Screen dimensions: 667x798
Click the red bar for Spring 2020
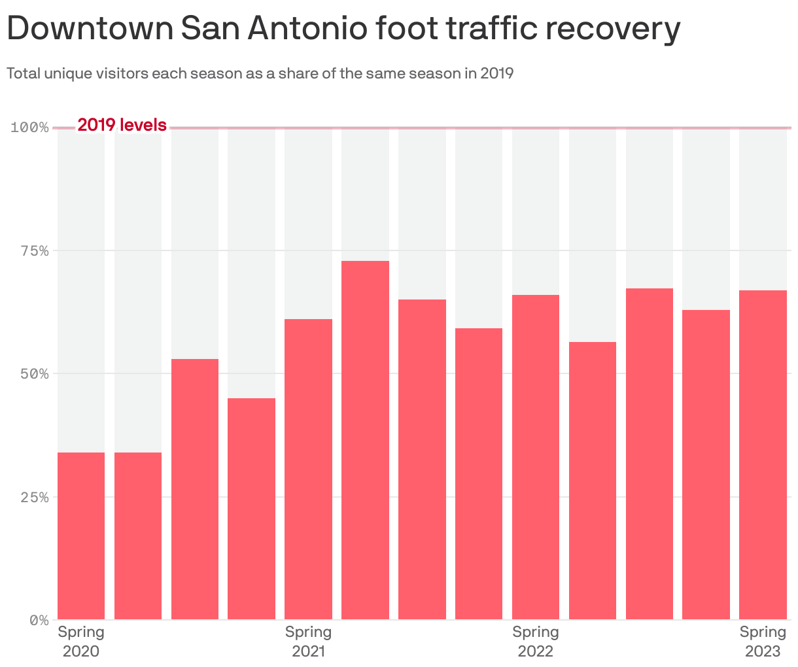(81, 536)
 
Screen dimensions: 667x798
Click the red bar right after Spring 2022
(592, 480)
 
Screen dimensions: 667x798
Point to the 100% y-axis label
(30, 127)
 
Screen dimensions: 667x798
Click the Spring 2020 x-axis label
(81, 641)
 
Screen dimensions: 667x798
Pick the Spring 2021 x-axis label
(308, 641)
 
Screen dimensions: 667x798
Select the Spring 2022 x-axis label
(535, 641)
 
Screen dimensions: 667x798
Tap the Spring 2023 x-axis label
(763, 641)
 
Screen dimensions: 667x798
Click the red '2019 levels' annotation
(122, 125)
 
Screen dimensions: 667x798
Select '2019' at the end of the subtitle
(496, 73)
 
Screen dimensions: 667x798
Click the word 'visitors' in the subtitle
(123, 73)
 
